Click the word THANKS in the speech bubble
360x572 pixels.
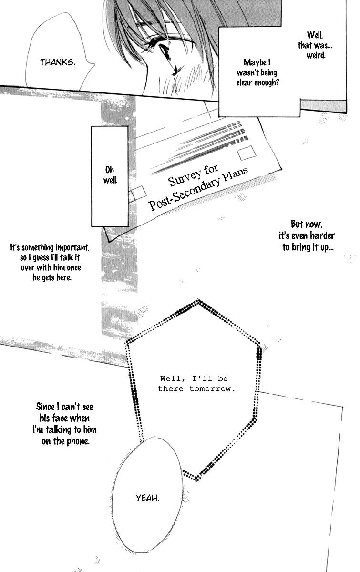pos(58,62)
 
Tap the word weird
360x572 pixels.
pos(316,56)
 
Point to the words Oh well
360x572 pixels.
pos(109,175)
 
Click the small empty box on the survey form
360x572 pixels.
pos(138,193)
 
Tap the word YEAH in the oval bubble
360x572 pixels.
pos(148,498)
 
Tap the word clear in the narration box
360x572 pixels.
pos(248,82)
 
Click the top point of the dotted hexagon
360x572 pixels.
pos(198,301)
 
